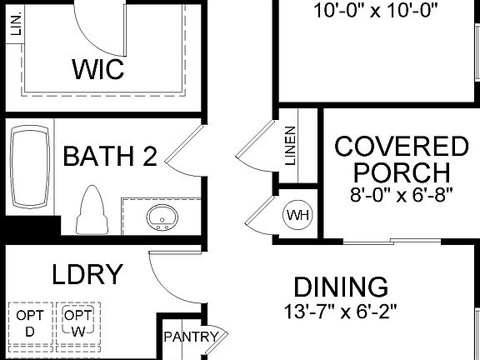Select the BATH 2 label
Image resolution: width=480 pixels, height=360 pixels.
[110, 156]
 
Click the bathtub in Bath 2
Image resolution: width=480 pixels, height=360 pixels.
[31, 167]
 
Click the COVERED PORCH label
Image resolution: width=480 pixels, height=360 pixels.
[402, 160]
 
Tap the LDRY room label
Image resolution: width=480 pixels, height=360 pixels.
[87, 274]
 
